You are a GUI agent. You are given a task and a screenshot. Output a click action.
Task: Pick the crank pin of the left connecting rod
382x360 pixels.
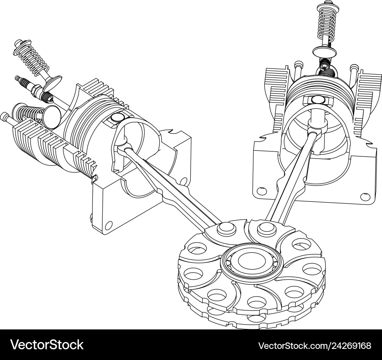coord(225,228)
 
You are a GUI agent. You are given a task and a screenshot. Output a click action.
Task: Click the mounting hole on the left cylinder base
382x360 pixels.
coord(108,224)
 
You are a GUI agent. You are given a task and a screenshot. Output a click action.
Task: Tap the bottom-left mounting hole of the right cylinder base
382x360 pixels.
coord(262,190)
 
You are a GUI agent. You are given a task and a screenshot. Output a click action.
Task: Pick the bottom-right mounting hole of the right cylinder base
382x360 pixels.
coord(365,196)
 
